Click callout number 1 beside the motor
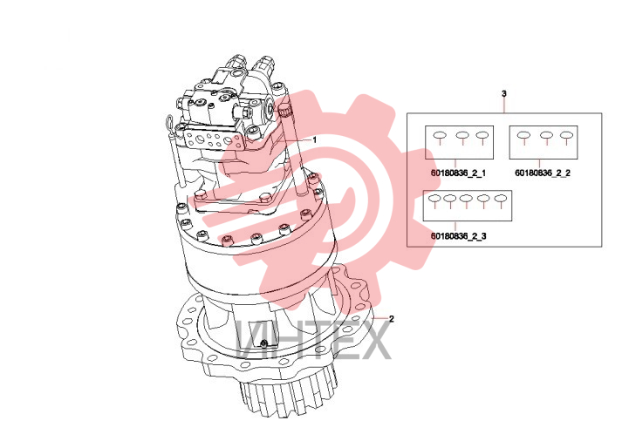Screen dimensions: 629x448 click(x=314, y=139)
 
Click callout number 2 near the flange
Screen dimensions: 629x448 click(x=392, y=319)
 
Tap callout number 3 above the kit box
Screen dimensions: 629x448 click(x=504, y=93)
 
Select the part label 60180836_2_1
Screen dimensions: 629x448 click(x=459, y=173)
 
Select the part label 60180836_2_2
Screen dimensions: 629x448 click(x=543, y=173)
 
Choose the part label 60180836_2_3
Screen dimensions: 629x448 click(x=459, y=236)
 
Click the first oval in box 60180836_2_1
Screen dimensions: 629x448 click(x=440, y=135)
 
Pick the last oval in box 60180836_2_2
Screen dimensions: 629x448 click(x=566, y=135)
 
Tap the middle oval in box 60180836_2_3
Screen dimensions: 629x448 click(x=466, y=198)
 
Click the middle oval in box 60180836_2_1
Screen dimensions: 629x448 click(x=462, y=135)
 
